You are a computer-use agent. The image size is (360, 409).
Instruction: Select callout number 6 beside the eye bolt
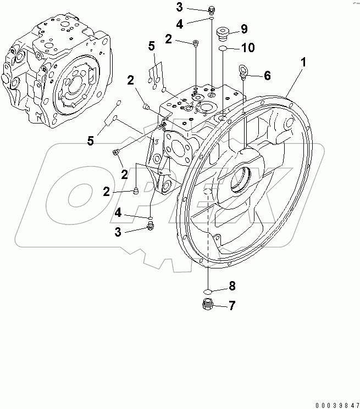[267, 76]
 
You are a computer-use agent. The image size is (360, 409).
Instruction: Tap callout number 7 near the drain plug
[232, 305]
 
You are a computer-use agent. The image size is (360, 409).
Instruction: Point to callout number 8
[232, 285]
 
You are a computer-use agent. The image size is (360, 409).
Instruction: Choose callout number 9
[244, 29]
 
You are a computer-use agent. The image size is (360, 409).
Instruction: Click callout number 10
[247, 48]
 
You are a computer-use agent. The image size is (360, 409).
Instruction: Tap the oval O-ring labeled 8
[208, 291]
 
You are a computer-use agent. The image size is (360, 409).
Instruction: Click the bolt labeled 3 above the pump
[212, 9]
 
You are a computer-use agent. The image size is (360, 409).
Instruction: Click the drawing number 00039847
[332, 405]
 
